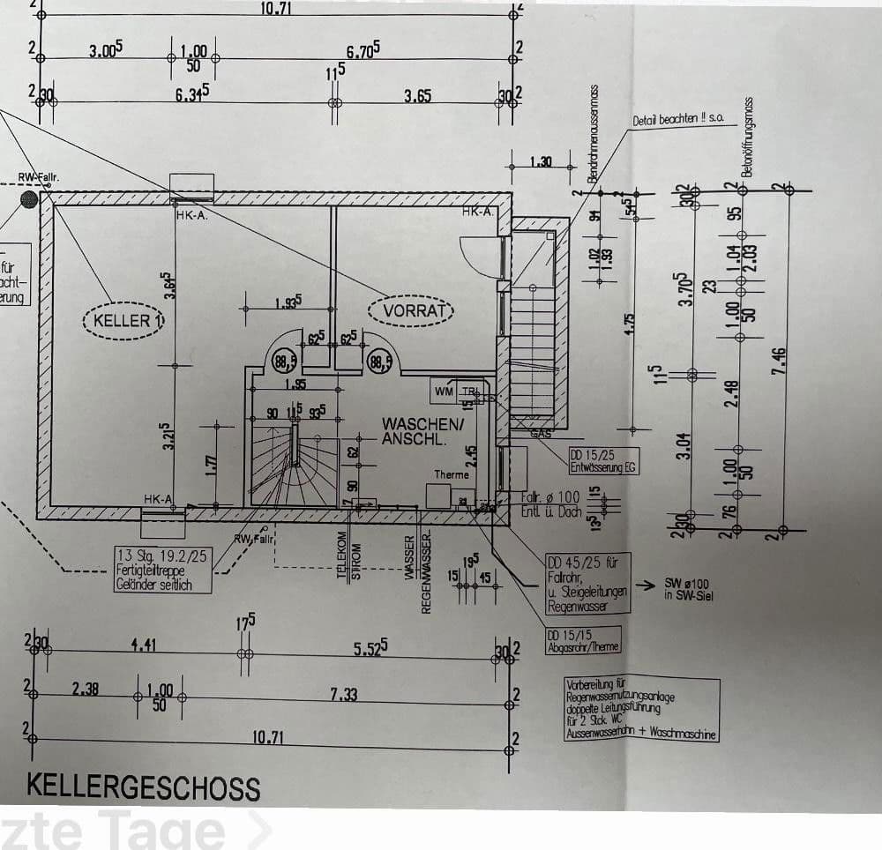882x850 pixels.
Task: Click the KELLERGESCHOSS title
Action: click(143, 786)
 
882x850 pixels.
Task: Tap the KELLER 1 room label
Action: click(123, 320)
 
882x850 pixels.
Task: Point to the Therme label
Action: click(452, 474)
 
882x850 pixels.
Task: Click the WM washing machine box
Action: click(443, 391)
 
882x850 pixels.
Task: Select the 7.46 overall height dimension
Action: click(780, 359)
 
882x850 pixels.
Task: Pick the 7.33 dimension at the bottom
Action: click(343, 694)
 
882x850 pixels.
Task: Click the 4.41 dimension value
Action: click(143, 645)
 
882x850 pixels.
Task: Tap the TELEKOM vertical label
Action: click(340, 557)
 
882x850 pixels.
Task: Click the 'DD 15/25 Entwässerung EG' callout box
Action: click(602, 460)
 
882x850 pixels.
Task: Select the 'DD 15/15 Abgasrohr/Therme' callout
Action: click(583, 641)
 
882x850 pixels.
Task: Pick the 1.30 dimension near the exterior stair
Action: click(541, 161)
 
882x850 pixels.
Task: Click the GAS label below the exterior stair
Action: click(539, 434)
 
